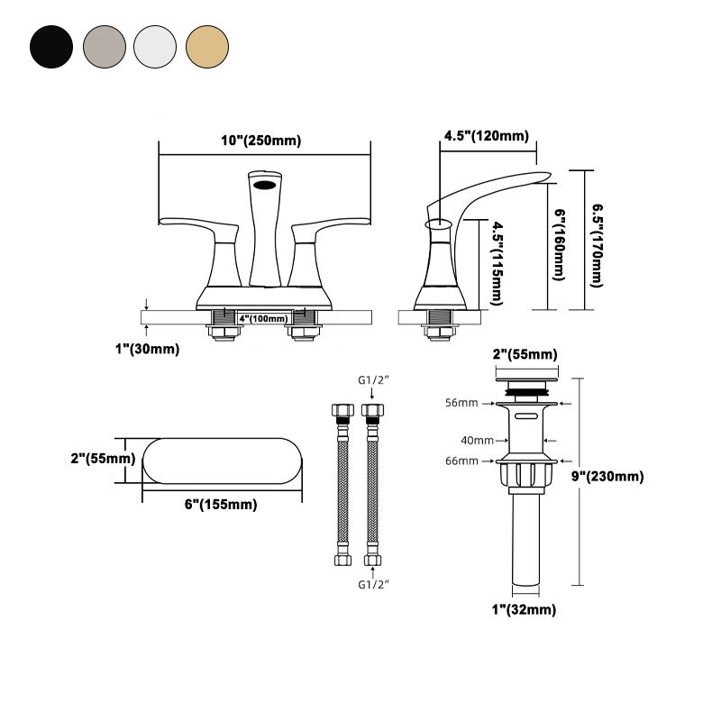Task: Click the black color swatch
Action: [51, 44]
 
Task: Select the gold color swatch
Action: [207, 44]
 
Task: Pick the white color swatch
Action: [155, 44]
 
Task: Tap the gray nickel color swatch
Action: [104, 44]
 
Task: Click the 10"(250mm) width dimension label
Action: [260, 141]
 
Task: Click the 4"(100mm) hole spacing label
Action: [263, 318]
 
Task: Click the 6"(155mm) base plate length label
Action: [221, 505]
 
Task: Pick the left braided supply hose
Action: [342, 487]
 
